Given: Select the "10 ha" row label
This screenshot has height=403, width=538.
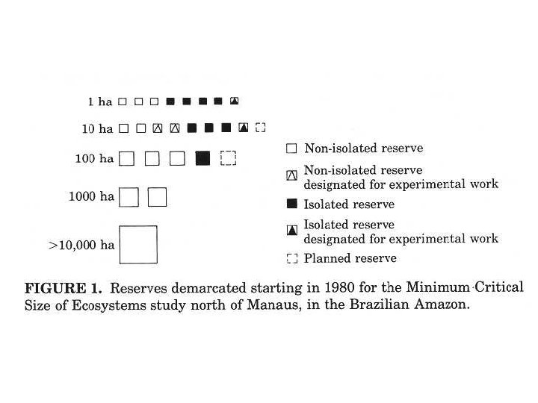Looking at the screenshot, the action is coord(97,129).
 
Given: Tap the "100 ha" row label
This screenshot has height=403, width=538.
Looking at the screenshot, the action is coord(94,158).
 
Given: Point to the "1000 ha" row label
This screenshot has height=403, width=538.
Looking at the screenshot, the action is coord(92,197).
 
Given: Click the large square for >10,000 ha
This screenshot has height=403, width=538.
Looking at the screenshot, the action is coord(138,244).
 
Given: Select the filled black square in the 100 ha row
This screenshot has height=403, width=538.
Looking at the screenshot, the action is coord(202,158).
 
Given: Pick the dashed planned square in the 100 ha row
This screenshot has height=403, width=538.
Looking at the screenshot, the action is coord(229,158).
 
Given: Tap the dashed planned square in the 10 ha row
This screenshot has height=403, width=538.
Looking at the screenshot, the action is coord(260,128).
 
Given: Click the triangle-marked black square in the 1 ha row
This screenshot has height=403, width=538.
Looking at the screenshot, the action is coord(234,101).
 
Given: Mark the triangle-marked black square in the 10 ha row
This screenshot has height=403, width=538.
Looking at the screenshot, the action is coord(244,128).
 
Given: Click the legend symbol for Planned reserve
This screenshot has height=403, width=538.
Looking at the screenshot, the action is coord(292,259).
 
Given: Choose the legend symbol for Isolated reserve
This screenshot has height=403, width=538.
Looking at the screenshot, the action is coord(292,204).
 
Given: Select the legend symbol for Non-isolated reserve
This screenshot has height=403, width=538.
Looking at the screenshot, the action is coord(292,149).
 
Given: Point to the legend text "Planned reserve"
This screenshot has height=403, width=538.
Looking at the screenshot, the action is coord(350,258).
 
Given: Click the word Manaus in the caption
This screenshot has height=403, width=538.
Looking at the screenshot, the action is coord(267,306).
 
